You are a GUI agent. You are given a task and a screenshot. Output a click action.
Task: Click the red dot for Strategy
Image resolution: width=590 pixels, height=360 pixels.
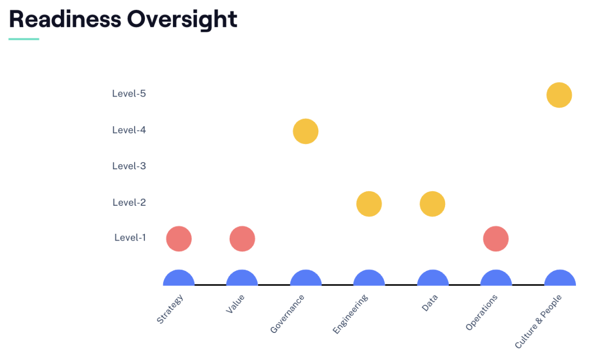click(x=179, y=238)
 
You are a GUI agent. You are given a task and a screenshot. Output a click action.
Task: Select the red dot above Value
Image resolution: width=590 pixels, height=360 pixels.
click(x=243, y=238)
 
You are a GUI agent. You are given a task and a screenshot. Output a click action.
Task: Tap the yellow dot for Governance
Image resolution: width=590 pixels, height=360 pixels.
click(x=305, y=131)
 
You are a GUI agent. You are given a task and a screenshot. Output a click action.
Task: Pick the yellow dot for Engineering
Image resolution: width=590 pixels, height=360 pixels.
click(x=369, y=204)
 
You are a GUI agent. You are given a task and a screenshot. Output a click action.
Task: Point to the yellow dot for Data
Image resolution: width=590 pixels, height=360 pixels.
click(x=432, y=204)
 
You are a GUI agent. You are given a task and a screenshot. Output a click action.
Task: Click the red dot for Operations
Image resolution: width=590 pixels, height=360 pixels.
click(x=496, y=238)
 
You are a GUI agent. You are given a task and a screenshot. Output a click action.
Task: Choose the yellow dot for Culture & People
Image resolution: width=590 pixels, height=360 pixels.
click(x=559, y=95)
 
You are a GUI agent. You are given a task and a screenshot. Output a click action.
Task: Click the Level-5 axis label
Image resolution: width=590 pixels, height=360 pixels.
click(x=129, y=94)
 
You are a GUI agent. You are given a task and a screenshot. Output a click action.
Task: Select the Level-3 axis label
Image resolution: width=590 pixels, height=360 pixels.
click(x=129, y=166)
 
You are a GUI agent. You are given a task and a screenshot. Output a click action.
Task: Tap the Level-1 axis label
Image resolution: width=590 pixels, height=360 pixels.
click(x=130, y=237)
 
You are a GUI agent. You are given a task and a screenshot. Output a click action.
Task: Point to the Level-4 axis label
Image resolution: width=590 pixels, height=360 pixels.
click(x=129, y=130)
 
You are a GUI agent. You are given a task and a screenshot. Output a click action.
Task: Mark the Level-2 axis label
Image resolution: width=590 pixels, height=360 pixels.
click(x=129, y=203)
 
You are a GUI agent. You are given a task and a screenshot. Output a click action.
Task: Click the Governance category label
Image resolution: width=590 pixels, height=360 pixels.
click(x=287, y=314)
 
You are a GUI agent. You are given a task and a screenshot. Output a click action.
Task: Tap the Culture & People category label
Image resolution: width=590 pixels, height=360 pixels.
click(x=538, y=322)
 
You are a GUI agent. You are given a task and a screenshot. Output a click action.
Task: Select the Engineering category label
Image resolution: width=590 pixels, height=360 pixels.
click(x=350, y=314)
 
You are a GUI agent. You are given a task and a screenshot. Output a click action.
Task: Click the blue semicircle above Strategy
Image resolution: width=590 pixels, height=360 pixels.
click(x=179, y=278)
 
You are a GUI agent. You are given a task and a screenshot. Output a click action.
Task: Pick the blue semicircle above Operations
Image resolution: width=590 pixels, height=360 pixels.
click(x=497, y=278)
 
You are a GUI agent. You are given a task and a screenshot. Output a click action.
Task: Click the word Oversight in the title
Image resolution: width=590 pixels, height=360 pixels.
click(x=182, y=20)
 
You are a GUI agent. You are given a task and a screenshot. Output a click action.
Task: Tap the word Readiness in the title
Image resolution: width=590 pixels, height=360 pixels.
click(x=65, y=19)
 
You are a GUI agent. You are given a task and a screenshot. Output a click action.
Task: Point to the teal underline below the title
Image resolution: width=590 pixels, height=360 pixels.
click(x=24, y=39)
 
